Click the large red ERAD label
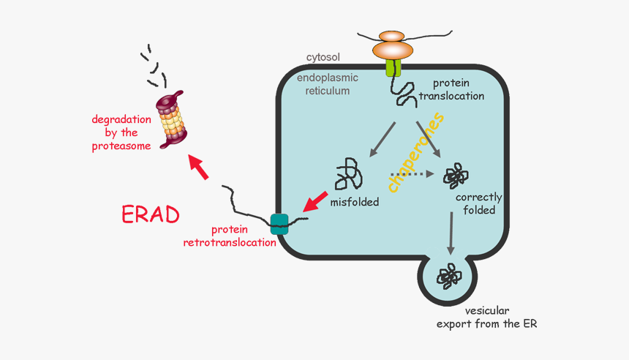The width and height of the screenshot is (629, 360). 150,214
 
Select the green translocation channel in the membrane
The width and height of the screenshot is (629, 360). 393,68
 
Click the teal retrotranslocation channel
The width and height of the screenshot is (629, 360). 279,223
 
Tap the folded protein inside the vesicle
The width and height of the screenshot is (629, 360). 448,277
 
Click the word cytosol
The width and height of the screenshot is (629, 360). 323,57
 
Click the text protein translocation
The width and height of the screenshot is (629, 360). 451,89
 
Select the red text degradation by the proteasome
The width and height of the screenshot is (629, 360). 121,132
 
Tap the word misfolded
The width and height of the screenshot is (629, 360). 355,201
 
